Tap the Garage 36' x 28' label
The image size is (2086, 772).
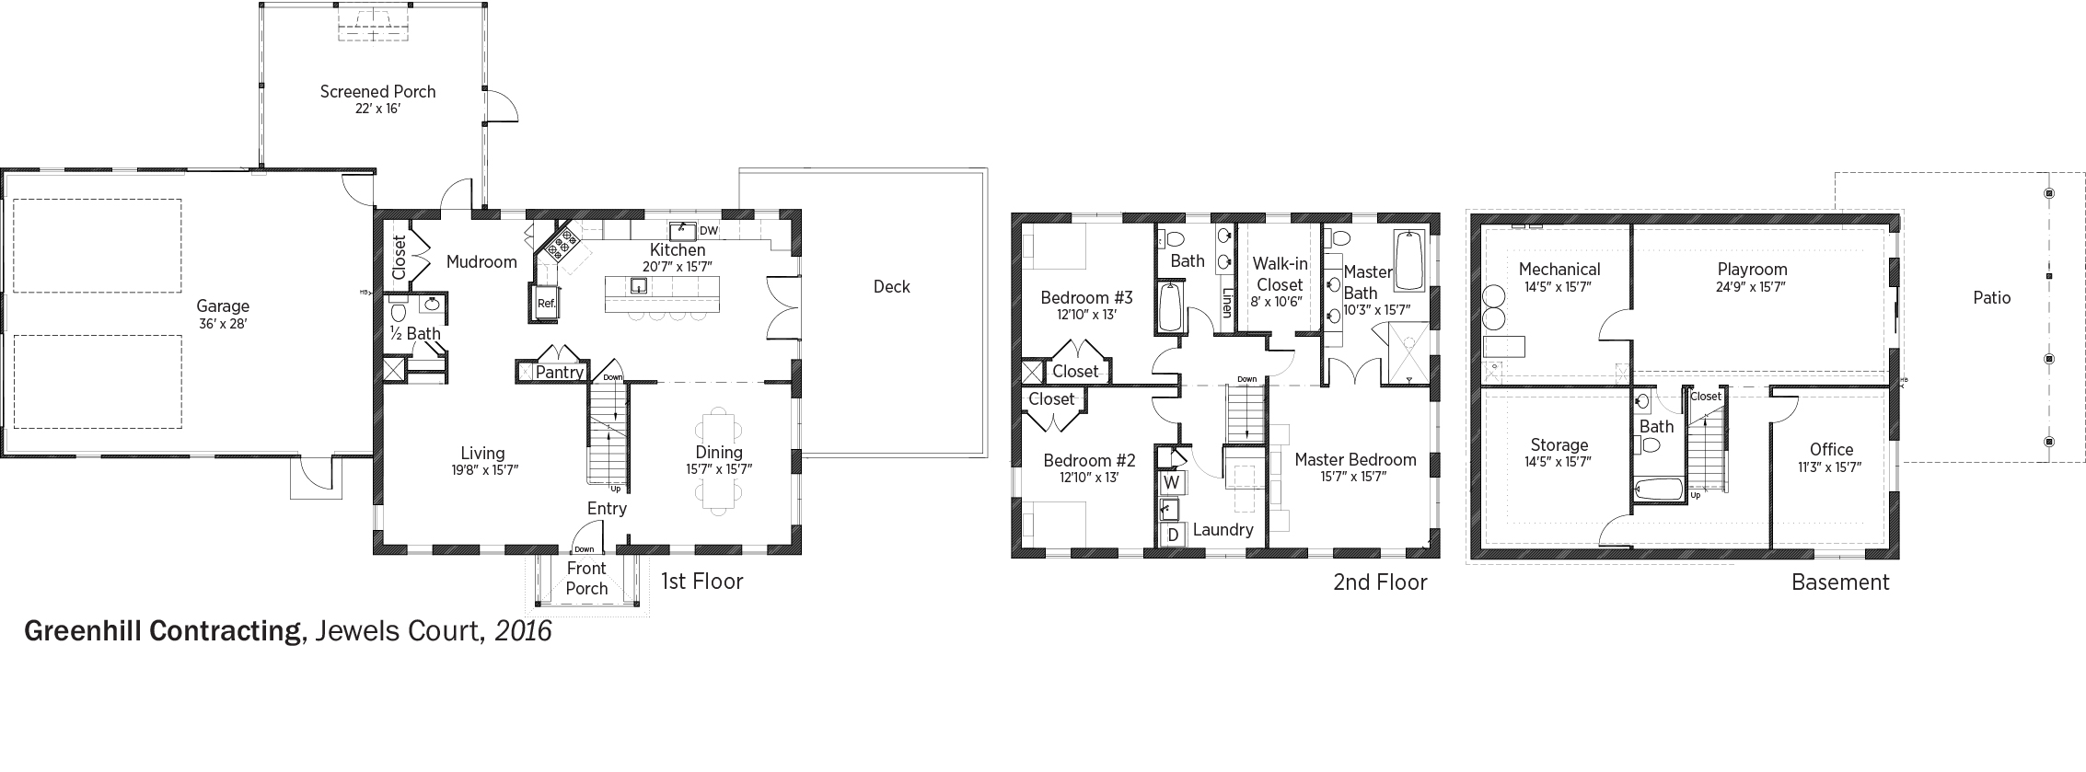[223, 315]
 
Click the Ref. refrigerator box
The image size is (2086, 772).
[546, 303]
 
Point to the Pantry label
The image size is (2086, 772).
[560, 372]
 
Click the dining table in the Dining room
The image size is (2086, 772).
[719, 461]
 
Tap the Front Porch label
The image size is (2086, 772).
[586, 579]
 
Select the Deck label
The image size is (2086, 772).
[891, 287]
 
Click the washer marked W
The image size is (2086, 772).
[1172, 482]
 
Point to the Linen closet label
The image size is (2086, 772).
[1226, 304]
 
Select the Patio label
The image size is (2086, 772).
[1992, 298]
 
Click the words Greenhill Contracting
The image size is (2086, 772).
[163, 631]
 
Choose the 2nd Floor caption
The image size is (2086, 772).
[1380, 582]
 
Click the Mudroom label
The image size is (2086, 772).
[481, 262]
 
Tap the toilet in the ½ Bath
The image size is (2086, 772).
[399, 310]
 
